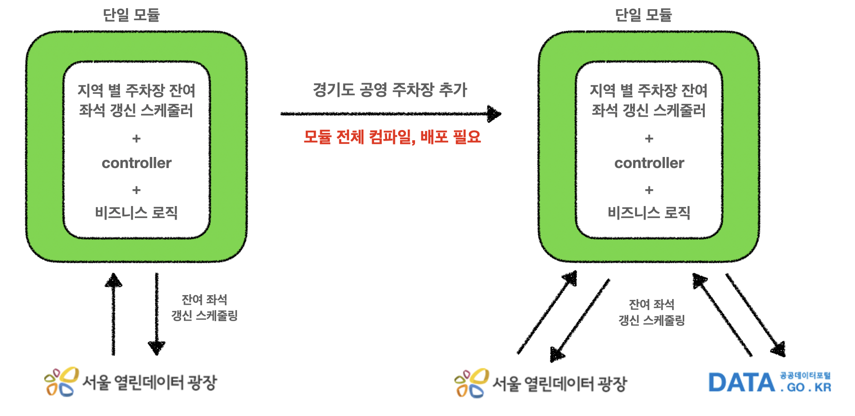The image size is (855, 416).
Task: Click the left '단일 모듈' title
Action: [x=131, y=15]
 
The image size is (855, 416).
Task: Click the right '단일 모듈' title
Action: [x=643, y=15]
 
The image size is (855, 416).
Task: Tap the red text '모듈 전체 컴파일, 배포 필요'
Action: [x=392, y=137]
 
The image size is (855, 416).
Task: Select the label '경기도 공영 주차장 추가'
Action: [x=390, y=90]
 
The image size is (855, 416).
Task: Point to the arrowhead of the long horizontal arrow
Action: [x=493, y=114]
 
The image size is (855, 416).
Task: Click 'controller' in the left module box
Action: [x=137, y=163]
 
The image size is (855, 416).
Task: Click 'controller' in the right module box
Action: [x=649, y=163]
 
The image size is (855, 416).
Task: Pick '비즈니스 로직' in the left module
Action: [x=137, y=212]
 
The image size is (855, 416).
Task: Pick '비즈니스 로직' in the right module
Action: [x=649, y=212]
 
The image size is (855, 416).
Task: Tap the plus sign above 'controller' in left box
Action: [x=136, y=139]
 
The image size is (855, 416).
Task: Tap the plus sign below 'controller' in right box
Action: [x=649, y=190]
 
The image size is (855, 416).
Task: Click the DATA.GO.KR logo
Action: [x=769, y=383]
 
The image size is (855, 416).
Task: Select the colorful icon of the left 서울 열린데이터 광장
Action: [x=61, y=382]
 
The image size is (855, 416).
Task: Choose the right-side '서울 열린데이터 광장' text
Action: [x=559, y=384]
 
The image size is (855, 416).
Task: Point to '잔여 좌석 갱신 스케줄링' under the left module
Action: [x=205, y=308]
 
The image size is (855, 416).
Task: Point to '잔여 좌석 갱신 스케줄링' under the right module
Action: [x=651, y=312]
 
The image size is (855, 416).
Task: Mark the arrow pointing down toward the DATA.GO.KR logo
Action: [x=756, y=316]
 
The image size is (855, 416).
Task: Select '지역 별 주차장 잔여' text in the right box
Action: [x=649, y=90]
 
